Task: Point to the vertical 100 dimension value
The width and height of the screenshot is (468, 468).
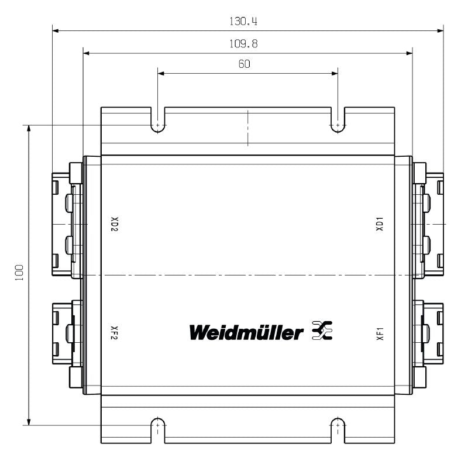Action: [19, 274]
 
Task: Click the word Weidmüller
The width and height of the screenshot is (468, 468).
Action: [246, 332]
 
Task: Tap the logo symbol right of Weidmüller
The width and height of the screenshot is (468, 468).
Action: [322, 331]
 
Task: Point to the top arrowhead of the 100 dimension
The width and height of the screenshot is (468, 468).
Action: [28, 128]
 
